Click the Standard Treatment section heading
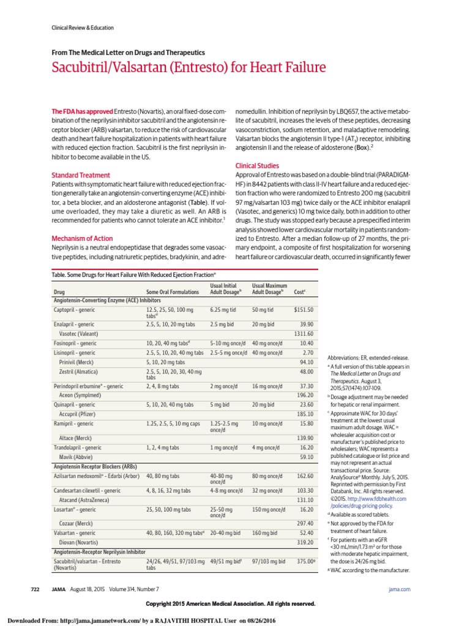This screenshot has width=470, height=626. click(81, 175)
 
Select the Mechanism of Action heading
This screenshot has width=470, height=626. click(83, 238)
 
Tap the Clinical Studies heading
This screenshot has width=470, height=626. click(257, 166)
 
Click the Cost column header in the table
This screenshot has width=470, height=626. click(300, 292)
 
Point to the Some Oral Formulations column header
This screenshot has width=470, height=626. click(173, 292)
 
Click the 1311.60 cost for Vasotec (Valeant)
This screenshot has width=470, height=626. click(303, 334)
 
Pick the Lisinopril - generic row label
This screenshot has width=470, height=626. click(75, 353)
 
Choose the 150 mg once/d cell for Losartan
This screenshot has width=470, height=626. click(269, 509)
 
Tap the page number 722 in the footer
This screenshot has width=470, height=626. click(35, 589)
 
